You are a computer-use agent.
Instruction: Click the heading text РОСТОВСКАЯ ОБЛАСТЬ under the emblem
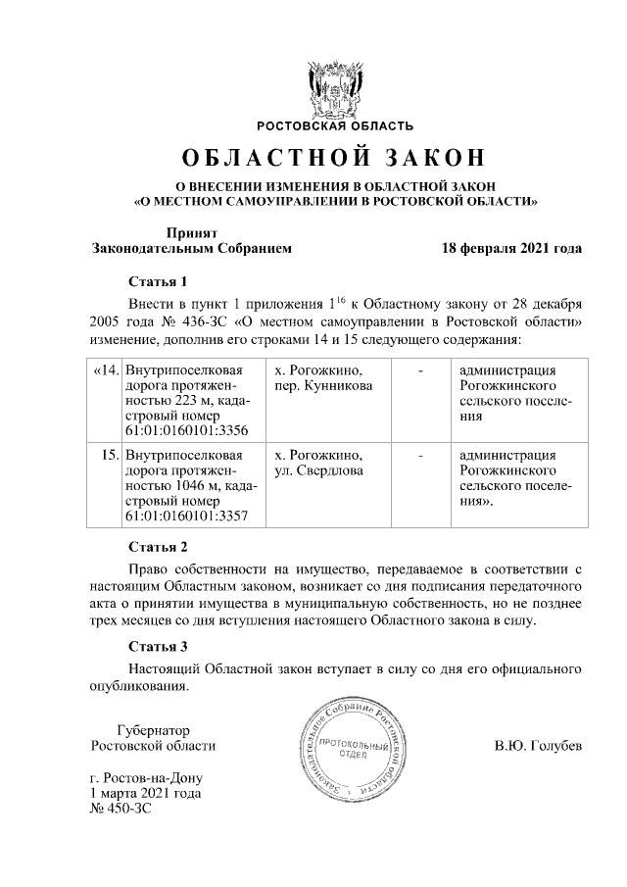tap(335, 125)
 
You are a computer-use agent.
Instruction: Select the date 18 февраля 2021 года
tap(511, 248)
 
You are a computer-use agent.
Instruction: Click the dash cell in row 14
tap(420, 370)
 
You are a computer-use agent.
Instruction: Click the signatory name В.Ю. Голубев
tap(538, 746)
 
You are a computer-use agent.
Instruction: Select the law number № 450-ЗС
tap(121, 809)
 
